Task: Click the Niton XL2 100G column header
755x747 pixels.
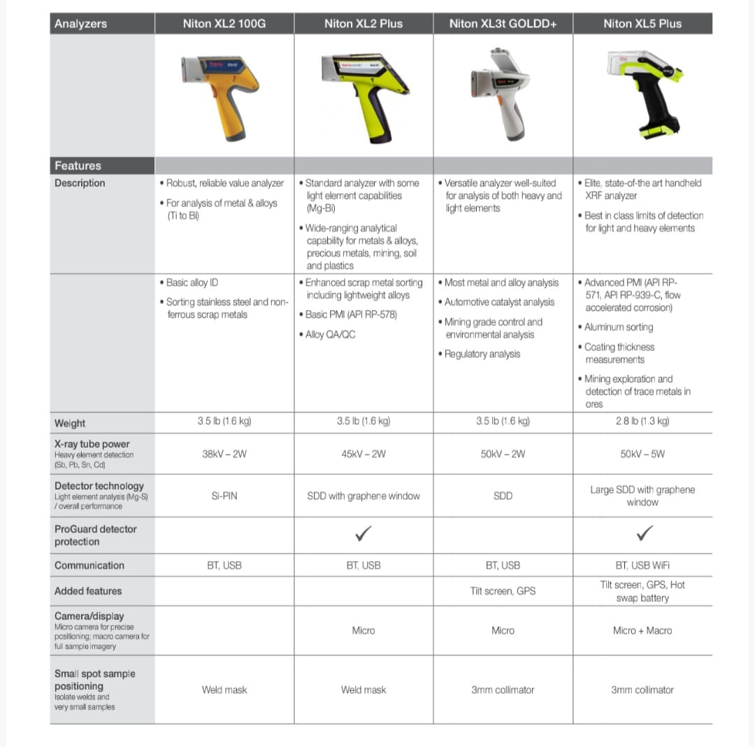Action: pos(224,24)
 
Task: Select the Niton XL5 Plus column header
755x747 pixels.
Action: pos(642,24)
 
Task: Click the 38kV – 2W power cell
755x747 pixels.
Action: pos(224,454)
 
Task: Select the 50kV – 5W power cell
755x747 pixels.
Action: pos(642,454)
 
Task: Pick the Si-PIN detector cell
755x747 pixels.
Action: pos(224,496)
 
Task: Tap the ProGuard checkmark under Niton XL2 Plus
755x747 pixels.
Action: pos(364,535)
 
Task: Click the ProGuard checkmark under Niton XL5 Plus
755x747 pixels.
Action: pos(644,535)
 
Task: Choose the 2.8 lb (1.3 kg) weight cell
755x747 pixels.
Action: pos(642,421)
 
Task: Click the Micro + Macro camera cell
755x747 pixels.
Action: pos(642,630)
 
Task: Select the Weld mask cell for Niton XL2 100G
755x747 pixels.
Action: pos(224,690)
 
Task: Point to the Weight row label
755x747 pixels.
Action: pos(70,423)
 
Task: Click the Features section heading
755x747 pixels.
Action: pos(78,166)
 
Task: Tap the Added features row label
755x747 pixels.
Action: pos(88,591)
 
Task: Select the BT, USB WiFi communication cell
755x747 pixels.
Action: pos(642,565)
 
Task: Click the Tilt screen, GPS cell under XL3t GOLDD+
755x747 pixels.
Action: pos(503,591)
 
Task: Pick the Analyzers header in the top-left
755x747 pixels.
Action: pos(80,24)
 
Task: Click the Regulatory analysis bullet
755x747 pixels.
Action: pos(482,354)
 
